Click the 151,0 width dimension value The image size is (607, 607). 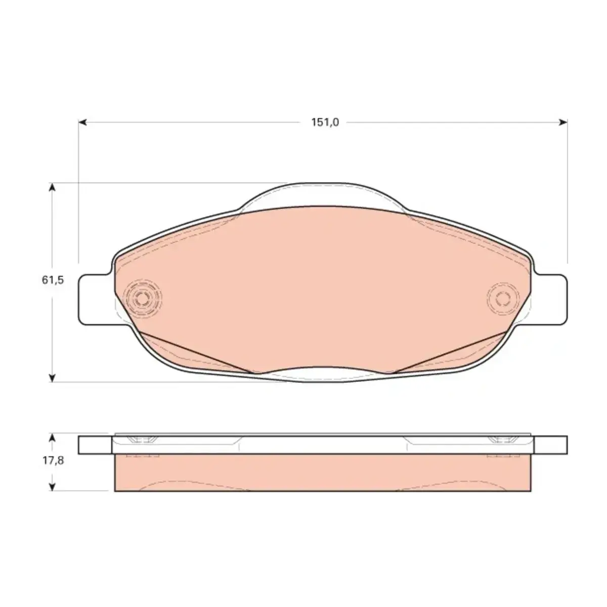point(325,122)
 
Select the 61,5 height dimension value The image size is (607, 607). point(53,279)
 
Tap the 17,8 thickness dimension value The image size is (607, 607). point(53,460)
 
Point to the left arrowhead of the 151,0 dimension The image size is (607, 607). point(82,122)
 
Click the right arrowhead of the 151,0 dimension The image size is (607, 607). point(563,122)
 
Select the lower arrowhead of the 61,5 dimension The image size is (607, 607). point(52,378)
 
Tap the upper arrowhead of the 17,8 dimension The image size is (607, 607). point(52,438)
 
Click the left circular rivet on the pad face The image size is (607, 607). point(144,298)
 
